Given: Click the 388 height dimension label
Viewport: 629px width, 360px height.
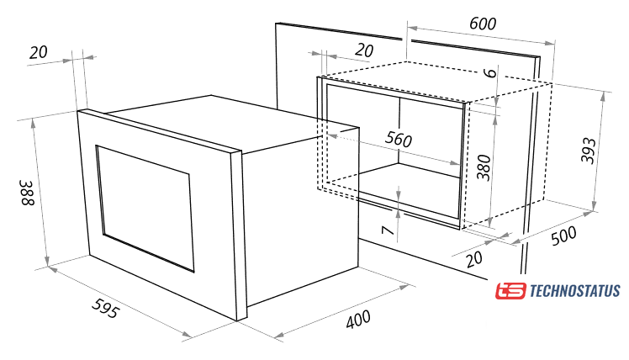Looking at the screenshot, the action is tap(28, 193).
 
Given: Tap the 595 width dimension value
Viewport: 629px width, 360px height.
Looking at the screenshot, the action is tap(105, 307).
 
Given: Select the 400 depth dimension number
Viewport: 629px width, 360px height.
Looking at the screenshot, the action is tap(358, 319).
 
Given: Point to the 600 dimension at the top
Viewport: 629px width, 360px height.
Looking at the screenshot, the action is tap(483, 24).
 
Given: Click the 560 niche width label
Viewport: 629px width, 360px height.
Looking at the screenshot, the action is tap(399, 139).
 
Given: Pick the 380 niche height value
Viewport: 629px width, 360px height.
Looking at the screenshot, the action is tap(484, 167).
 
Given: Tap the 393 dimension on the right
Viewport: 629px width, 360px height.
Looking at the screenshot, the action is tap(589, 151).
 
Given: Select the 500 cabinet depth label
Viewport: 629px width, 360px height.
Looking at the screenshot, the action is tap(563, 236).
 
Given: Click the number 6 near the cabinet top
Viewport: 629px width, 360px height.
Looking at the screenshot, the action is tap(489, 72).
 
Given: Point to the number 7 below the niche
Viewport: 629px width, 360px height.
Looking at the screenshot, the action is tap(387, 230).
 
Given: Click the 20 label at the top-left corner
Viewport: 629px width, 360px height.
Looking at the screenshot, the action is tap(39, 52).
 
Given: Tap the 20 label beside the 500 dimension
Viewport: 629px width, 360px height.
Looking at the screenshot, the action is tap(474, 259).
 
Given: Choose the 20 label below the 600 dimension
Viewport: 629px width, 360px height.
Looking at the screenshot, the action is tap(364, 50).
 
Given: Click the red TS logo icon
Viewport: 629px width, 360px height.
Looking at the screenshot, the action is tap(510, 291).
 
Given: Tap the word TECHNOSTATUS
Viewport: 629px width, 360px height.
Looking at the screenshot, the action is tap(575, 290).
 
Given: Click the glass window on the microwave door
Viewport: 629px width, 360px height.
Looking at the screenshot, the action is tap(145, 209).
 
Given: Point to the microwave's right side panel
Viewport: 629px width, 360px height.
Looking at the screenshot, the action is tap(301, 217).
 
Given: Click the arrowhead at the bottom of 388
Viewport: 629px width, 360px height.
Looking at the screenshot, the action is tap(47, 261).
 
